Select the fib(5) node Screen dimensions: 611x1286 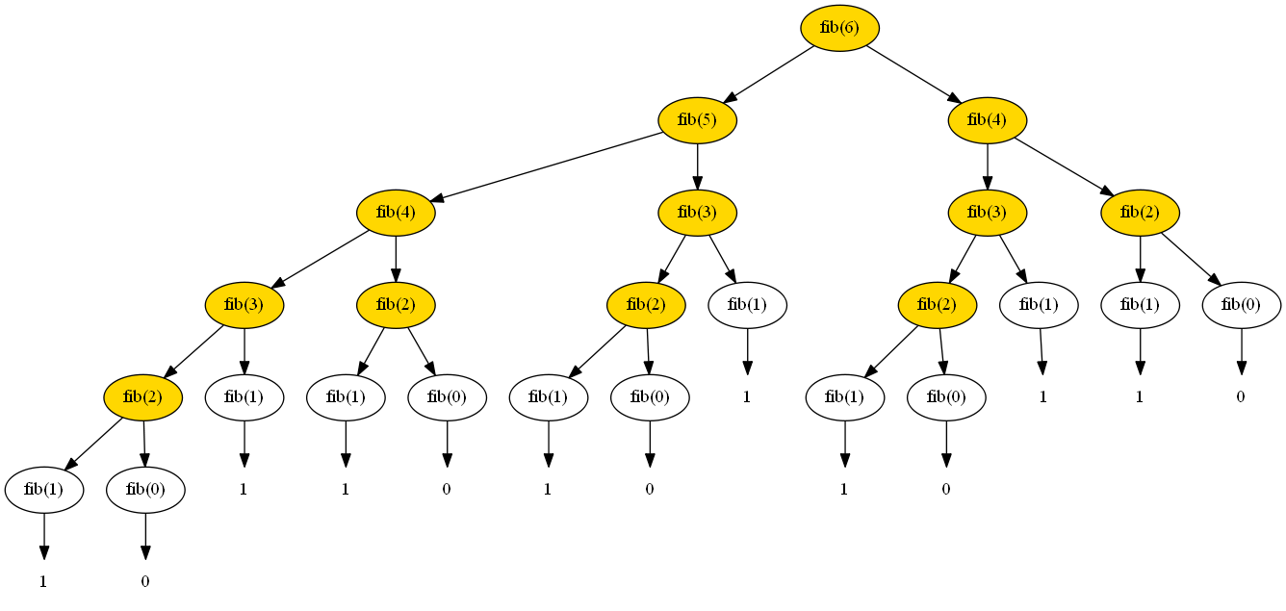[x=697, y=120]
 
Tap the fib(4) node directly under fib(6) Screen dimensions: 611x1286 [x=987, y=120]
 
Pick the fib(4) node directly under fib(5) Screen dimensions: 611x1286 [x=396, y=213]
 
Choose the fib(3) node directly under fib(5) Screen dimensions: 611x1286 [x=697, y=213]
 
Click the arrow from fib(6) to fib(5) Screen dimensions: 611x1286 [x=770, y=73]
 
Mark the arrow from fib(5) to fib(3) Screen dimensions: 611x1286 [x=697, y=165]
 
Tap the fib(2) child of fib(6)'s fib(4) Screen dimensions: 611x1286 [x=1141, y=213]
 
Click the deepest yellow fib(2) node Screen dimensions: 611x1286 [x=143, y=397]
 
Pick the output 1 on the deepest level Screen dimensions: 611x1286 [x=43, y=581]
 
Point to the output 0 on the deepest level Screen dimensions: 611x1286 [x=145, y=581]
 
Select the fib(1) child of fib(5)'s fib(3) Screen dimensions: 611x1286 [x=747, y=305]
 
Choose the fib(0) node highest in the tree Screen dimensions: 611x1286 [x=1241, y=305]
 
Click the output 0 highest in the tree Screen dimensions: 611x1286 [x=1241, y=396]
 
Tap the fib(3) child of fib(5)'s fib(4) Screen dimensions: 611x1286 [x=244, y=305]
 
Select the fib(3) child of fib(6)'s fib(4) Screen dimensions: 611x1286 [x=987, y=213]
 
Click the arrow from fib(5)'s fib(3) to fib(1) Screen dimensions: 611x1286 [x=723, y=259]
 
